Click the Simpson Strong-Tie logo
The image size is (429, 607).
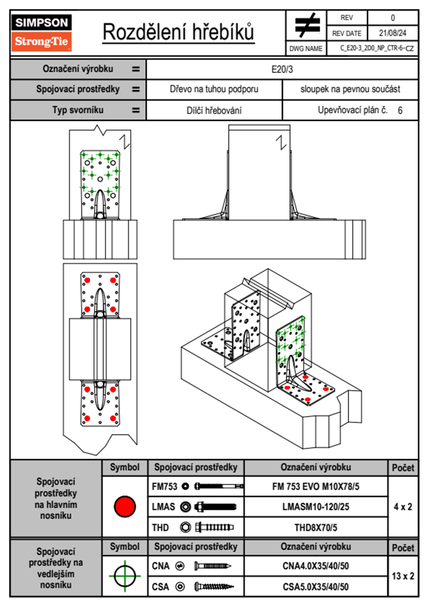point(41,32)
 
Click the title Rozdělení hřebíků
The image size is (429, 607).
point(178,32)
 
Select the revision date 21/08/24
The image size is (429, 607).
point(392,33)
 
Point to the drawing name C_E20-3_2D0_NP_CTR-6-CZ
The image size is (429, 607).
point(377,48)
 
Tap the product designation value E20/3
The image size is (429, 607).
point(282,69)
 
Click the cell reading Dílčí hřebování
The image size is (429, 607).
point(214,110)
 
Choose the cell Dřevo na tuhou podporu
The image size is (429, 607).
point(214,89)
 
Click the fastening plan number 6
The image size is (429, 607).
point(400,110)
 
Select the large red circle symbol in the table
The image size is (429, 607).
point(125,506)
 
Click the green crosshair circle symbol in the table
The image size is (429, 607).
point(125,576)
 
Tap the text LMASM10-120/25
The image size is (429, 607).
point(315,507)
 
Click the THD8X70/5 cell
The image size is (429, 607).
point(315,528)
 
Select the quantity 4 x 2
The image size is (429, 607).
point(403,507)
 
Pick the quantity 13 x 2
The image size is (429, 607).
point(403,576)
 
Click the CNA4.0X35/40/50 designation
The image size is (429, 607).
point(315,566)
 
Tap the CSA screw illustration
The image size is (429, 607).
point(214,587)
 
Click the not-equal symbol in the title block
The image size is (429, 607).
point(307,26)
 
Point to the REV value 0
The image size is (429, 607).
point(393,18)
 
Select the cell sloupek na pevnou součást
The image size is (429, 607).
point(350,89)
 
